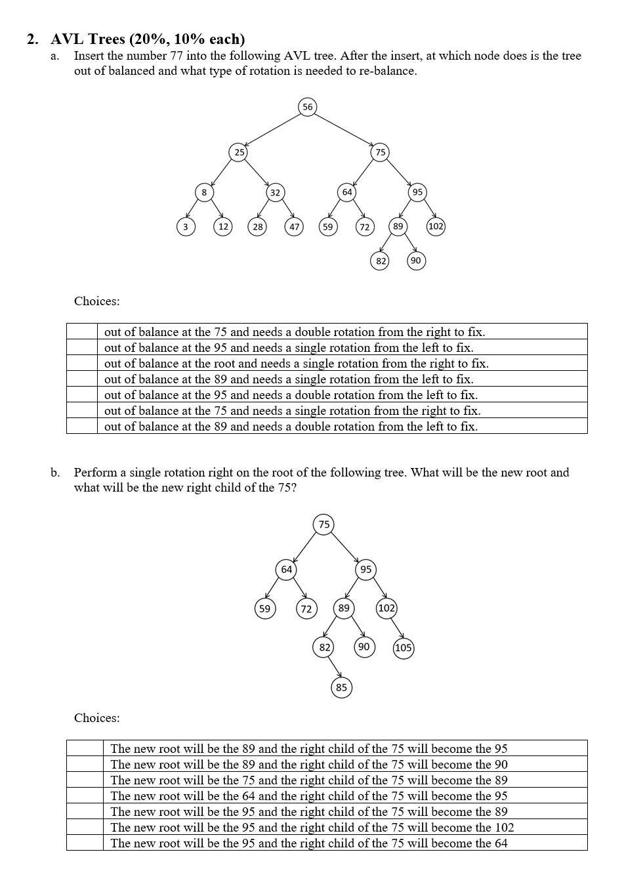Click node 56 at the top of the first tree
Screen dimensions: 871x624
coord(307,107)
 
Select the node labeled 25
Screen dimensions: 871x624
coord(239,152)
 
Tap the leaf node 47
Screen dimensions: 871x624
coord(294,227)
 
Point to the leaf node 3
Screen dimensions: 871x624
coord(186,227)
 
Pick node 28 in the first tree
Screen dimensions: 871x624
coord(258,227)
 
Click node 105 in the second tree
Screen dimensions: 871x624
coord(403,648)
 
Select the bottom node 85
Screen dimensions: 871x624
coord(341,688)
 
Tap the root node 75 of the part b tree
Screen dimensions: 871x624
coord(324,524)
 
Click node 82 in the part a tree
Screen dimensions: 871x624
coord(381,261)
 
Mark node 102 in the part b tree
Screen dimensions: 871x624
coord(386,608)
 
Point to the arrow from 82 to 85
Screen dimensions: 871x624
coord(334,667)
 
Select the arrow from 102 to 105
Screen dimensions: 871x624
coord(396,628)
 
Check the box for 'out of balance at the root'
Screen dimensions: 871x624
coord(82,363)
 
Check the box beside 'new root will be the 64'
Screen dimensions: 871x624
coord(85,796)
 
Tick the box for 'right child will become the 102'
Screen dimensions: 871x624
coord(85,827)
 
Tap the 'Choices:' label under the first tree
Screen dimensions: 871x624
coord(97,301)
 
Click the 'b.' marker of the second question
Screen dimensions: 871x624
coord(56,473)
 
